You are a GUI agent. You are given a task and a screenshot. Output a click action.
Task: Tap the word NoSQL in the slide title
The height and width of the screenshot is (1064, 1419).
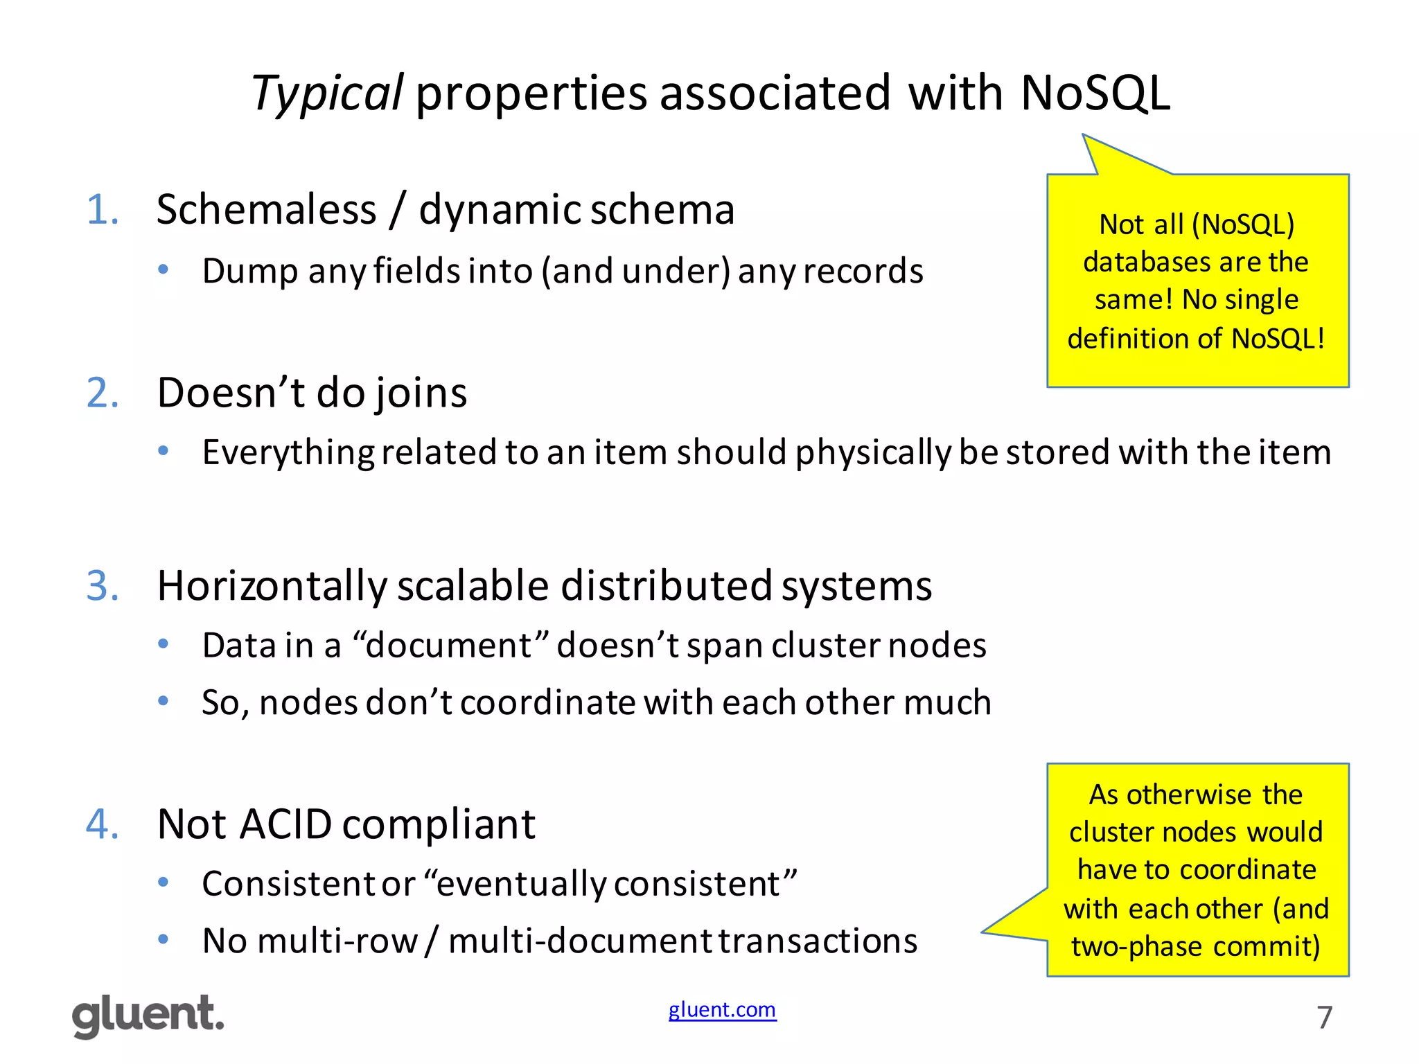(1095, 94)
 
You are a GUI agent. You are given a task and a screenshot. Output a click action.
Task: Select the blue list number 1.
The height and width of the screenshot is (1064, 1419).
(103, 210)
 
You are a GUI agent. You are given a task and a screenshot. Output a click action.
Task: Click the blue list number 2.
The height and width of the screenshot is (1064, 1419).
(103, 393)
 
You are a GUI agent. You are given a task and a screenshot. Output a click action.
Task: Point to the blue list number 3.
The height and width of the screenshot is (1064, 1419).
(103, 586)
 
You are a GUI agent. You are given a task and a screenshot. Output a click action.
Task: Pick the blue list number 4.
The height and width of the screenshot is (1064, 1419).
(103, 824)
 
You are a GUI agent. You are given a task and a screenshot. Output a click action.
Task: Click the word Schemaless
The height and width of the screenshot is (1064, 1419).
(266, 210)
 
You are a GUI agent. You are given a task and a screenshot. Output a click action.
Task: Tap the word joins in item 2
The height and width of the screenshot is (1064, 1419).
(421, 393)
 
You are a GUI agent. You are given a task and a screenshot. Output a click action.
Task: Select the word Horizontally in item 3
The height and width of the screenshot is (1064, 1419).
(272, 586)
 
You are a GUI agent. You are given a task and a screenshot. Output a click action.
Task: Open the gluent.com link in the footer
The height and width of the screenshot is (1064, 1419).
(722, 1010)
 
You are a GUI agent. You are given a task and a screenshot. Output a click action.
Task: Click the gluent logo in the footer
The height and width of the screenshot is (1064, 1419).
(148, 1016)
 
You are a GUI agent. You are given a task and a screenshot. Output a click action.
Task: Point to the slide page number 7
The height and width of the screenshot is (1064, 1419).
(1324, 1018)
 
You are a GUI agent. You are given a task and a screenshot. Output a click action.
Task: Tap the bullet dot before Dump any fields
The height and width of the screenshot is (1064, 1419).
(164, 269)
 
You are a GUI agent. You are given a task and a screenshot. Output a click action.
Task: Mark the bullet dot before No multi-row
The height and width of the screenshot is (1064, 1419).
(164, 940)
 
